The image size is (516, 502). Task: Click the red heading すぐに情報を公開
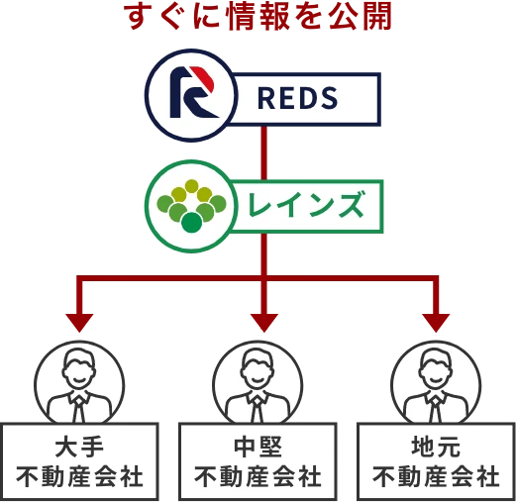[x=258, y=17]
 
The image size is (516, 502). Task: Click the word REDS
[x=297, y=98]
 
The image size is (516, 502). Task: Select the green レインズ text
[x=307, y=205]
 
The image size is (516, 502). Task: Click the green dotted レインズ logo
[x=191, y=206]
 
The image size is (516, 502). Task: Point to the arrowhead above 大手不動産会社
[x=79, y=323]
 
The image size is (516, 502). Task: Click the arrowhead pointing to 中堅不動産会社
[x=264, y=323]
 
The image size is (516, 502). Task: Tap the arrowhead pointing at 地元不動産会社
[x=436, y=323]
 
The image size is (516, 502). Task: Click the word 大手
[x=79, y=447]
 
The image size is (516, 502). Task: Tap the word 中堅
[x=258, y=447]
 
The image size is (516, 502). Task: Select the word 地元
[x=436, y=447]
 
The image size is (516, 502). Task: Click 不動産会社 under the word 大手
[x=79, y=476]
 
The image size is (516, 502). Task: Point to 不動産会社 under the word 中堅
[x=258, y=476]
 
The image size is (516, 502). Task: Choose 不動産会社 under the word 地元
[x=436, y=476]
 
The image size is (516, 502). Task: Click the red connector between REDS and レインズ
[x=263, y=153]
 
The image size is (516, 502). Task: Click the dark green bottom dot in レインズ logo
[x=191, y=223]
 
